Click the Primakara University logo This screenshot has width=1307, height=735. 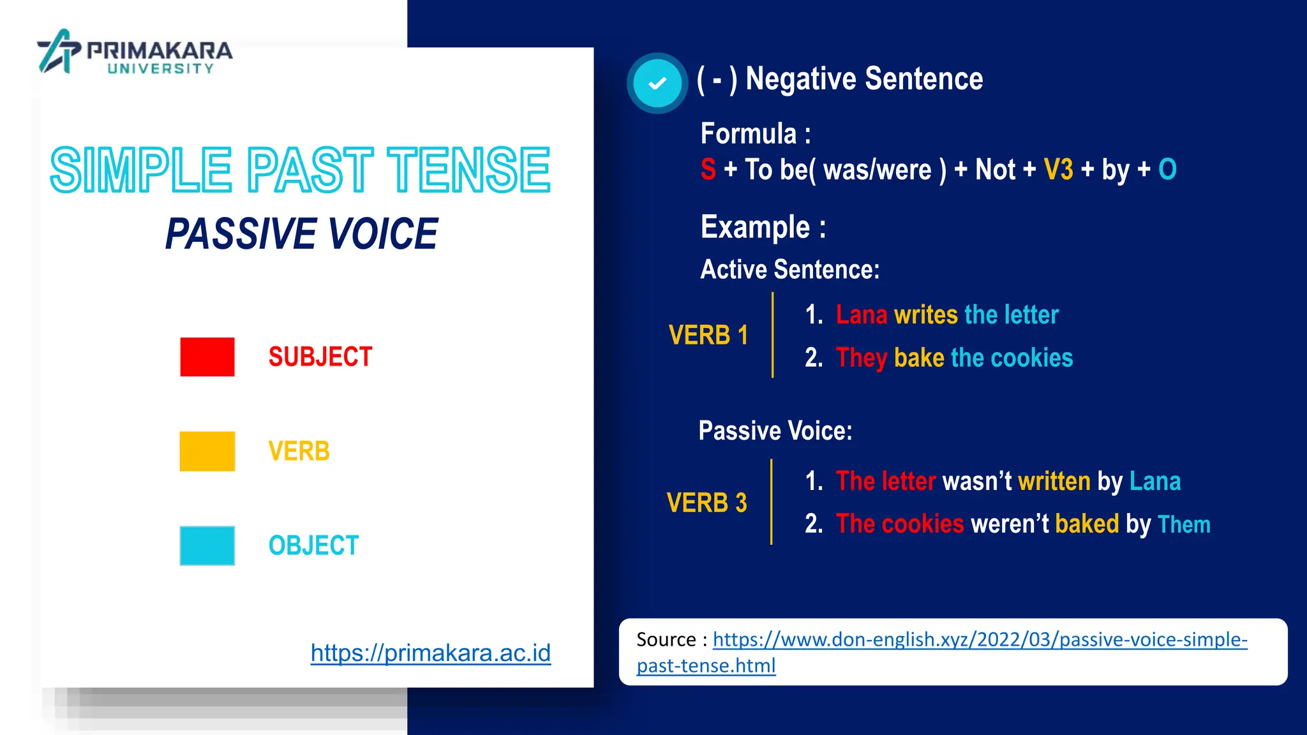[135, 52]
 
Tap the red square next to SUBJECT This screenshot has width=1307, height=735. [207, 357]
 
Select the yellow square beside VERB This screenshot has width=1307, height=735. [207, 451]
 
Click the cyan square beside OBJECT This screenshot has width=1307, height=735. [207, 546]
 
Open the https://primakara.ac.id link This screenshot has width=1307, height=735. [430, 653]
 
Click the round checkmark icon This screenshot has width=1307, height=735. [657, 83]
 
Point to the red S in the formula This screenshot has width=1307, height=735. [708, 170]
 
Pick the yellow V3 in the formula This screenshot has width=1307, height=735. [1058, 170]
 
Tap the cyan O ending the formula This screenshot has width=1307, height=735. [1167, 170]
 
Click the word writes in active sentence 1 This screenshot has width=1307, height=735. [926, 315]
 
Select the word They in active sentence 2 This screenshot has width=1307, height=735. [862, 358]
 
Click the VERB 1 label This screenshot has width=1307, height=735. [708, 335]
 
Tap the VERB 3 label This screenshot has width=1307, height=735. [706, 503]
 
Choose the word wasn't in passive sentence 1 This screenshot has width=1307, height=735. [976, 481]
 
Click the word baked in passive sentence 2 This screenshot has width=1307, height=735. [1087, 524]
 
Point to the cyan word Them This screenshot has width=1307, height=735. [1184, 524]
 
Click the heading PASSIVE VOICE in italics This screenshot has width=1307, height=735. [301, 234]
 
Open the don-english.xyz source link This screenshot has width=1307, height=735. [980, 639]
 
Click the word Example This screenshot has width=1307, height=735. [755, 227]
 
